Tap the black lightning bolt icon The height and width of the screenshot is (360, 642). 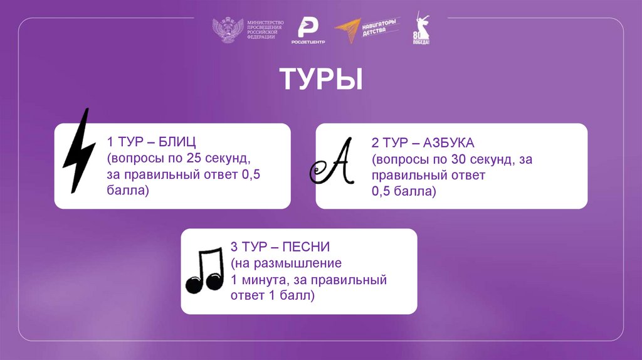pos(80,151)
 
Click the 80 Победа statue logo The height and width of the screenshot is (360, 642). pos(421,30)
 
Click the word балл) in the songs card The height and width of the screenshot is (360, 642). pos(297,295)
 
